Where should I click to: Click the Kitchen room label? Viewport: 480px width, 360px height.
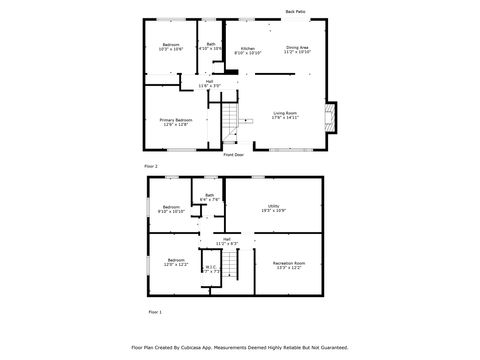pyautogui.click(x=247, y=50)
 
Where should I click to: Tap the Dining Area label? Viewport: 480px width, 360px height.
pyautogui.click(x=297, y=49)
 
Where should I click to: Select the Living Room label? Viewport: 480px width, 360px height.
pyautogui.click(x=285, y=116)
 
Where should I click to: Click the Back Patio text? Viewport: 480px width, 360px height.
pyautogui.click(x=295, y=12)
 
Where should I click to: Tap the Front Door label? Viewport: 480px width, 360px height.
pyautogui.click(x=233, y=155)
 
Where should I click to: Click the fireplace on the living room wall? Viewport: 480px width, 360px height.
pyautogui.click(x=333, y=117)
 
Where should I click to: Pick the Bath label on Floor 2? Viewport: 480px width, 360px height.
pyautogui.click(x=211, y=46)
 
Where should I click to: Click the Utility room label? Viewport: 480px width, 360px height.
pyautogui.click(x=273, y=208)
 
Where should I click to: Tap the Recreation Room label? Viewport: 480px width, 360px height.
pyautogui.click(x=289, y=265)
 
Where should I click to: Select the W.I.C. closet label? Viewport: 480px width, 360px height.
pyautogui.click(x=211, y=268)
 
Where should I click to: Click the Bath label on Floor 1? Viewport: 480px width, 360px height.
pyautogui.click(x=209, y=197)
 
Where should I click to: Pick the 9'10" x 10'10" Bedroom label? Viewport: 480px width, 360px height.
pyautogui.click(x=171, y=209)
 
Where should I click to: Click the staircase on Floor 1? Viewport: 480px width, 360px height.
pyautogui.click(x=232, y=266)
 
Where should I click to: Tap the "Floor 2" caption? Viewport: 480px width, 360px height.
pyautogui.click(x=151, y=165)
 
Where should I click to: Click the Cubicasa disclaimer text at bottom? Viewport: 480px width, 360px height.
pyautogui.click(x=240, y=347)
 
